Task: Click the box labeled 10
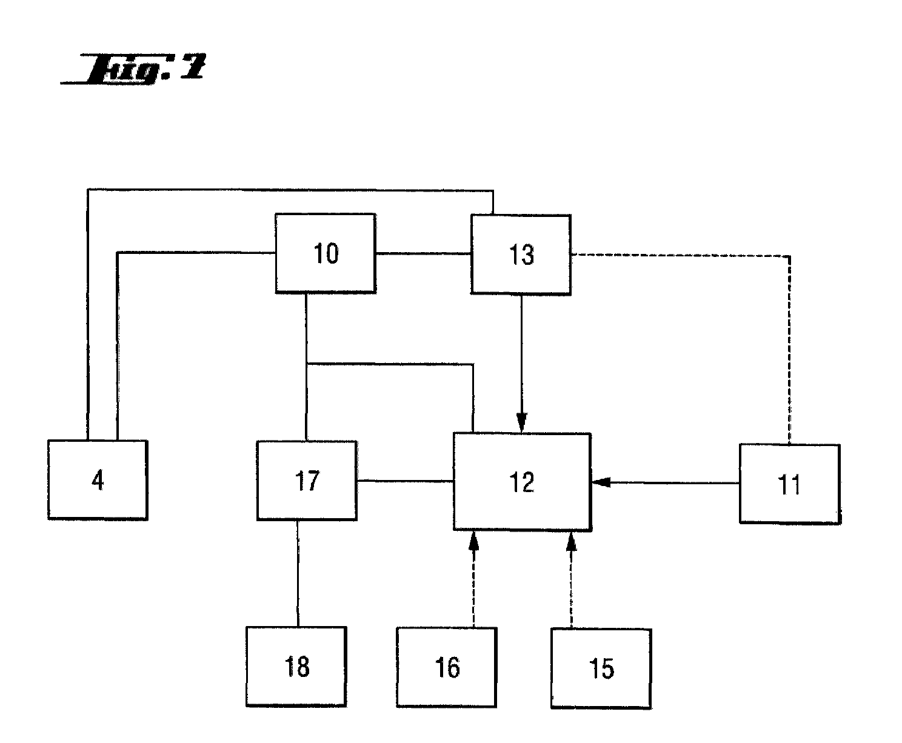coord(325,253)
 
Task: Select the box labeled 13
coord(521,255)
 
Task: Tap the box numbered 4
coord(98,480)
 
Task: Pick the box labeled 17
coord(307,481)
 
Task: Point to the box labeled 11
coord(789,484)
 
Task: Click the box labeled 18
coord(296,667)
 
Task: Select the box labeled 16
coord(446,668)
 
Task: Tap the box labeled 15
coord(601,668)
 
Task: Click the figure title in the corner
coord(135,68)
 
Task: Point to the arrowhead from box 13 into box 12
coord(522,424)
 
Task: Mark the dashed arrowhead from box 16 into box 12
coord(474,541)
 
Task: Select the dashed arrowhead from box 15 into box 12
coord(570,541)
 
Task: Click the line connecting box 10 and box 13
coord(423,253)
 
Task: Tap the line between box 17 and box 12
coord(405,481)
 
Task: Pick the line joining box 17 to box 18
coord(298,573)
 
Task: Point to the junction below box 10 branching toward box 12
coord(307,364)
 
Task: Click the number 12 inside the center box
coord(522,482)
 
